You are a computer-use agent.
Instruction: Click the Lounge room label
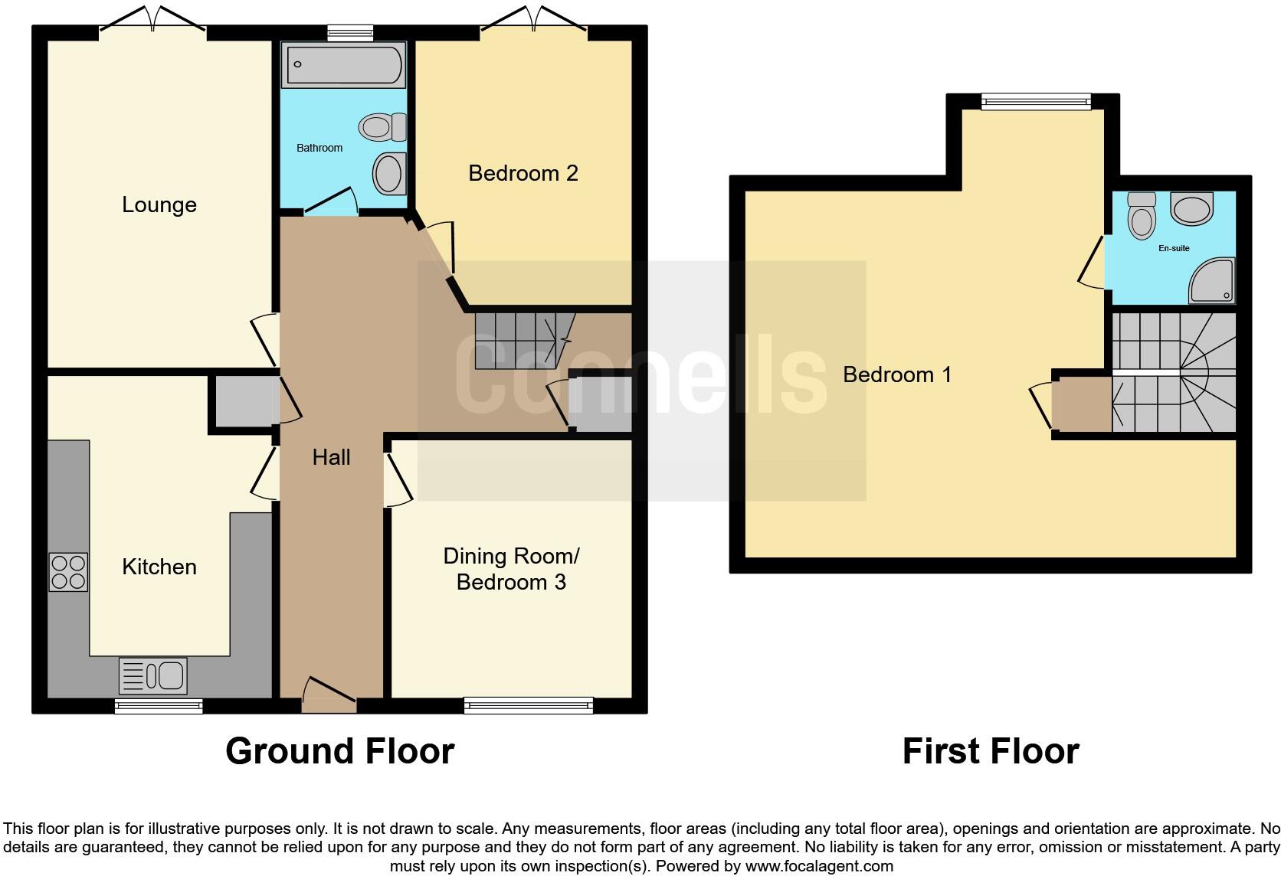[159, 204]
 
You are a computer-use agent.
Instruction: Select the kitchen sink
[153, 675]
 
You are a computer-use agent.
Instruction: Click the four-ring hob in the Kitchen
[68, 572]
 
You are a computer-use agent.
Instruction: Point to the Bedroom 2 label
[523, 173]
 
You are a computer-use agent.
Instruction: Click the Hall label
[331, 457]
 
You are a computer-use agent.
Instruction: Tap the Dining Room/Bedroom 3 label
[511, 569]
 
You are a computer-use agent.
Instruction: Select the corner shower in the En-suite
[1212, 280]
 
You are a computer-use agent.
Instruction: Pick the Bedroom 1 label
[896, 374]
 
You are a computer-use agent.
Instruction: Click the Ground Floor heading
[339, 751]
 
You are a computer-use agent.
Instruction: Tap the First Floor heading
[990, 751]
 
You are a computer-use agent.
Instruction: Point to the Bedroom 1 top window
[1036, 101]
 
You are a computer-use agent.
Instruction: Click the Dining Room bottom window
[528, 704]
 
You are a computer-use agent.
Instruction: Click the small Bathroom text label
[319, 148]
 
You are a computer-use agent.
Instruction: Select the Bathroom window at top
[350, 32]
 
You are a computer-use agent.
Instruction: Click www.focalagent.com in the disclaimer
[819, 866]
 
